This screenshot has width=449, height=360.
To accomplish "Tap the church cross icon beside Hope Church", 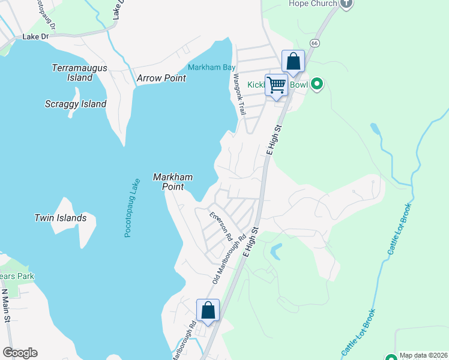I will [346, 4].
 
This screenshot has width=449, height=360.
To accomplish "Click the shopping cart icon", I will [276, 85].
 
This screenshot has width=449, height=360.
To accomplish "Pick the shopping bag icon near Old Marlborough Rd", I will [208, 310].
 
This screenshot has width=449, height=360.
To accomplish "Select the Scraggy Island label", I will [76, 104].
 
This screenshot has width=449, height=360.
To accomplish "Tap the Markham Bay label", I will [211, 67].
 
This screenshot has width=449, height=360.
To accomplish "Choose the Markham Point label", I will [173, 182].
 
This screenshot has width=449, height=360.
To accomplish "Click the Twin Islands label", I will [60, 218].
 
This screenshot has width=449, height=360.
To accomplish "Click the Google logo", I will [20, 353].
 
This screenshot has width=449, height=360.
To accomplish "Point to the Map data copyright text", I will [423, 355].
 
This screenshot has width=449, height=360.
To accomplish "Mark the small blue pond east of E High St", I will [276, 250].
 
